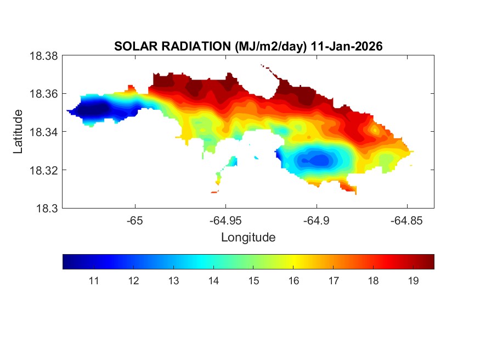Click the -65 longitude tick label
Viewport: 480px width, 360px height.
(x=134, y=221)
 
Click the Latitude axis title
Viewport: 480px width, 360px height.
(x=19, y=132)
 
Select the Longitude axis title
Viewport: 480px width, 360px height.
(x=248, y=238)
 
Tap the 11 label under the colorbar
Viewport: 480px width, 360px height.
(x=93, y=281)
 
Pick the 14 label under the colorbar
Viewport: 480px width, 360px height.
(x=213, y=281)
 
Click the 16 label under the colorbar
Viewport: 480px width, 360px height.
(x=293, y=281)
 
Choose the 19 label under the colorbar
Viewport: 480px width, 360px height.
(x=414, y=281)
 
